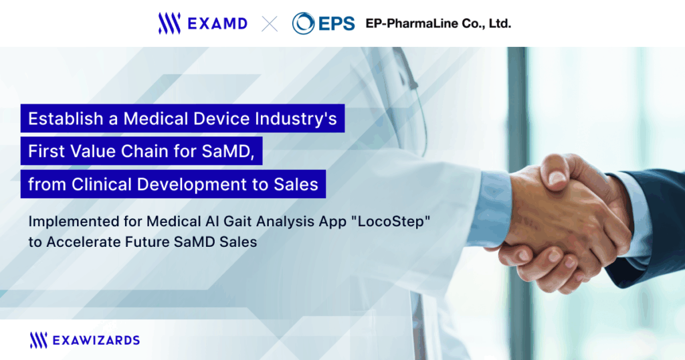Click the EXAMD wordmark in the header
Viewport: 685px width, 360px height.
pyautogui.click(x=217, y=23)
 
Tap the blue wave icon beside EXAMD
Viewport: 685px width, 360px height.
pyautogui.click(x=169, y=23)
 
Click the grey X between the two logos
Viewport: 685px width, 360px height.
pyautogui.click(x=270, y=23)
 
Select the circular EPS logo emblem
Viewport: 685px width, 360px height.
pyautogui.click(x=303, y=23)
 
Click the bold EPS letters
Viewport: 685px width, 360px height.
pyautogui.click(x=336, y=23)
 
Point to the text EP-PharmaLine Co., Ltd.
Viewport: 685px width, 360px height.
pyautogui.click(x=438, y=23)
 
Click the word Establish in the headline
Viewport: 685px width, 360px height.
pyautogui.click(x=66, y=118)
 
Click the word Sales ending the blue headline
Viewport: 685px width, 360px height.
pyautogui.click(x=296, y=185)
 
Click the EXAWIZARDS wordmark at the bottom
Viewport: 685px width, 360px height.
pyautogui.click(x=96, y=341)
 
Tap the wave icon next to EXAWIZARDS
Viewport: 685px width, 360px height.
pyautogui.click(x=38, y=341)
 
